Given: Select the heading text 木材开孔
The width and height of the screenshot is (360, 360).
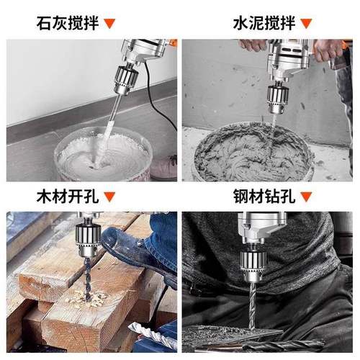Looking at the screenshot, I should [x=66, y=195].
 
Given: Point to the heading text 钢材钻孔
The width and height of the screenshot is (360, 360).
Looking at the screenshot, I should [x=263, y=195].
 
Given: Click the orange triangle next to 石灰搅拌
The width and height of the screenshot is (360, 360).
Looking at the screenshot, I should [x=109, y=22].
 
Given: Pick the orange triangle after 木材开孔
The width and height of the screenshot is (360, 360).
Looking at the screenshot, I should [x=109, y=196].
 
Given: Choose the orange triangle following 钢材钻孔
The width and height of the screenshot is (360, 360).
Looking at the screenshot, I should [x=306, y=196].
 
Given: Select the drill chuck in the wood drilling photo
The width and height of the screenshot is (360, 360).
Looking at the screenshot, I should [x=93, y=248].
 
